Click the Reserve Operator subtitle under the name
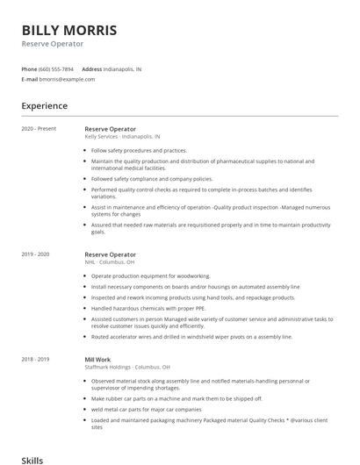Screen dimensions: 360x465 53,43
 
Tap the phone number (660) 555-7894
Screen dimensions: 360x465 56,68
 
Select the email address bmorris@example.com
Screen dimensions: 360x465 67,79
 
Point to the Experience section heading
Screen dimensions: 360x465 45,106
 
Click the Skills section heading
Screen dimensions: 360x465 32,459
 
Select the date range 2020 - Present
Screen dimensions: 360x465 38,129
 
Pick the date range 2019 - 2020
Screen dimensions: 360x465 36,254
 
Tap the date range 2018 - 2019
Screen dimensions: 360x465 36,359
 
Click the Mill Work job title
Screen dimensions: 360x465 97,359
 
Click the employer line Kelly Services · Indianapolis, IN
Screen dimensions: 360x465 122,137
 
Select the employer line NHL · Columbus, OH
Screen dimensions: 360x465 109,262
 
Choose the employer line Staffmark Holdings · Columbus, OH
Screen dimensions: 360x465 128,367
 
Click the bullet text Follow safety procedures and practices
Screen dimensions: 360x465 139,150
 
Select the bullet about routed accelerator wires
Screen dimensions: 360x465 191,336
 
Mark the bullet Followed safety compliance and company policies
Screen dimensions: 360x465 151,178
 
